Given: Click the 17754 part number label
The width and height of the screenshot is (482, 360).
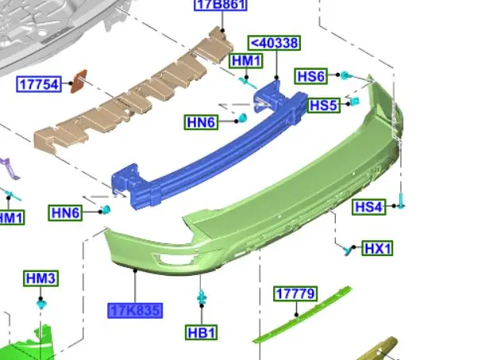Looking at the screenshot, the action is click(39, 84).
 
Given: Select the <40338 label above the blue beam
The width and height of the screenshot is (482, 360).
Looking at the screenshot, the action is click(274, 43).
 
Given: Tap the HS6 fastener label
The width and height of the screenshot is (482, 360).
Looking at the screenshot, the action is click(311, 76).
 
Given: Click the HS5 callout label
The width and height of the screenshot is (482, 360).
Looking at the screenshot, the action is click(324, 105).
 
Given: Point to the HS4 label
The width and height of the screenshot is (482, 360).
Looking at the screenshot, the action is click(368, 206).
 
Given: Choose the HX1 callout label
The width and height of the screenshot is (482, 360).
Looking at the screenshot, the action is click(377, 248).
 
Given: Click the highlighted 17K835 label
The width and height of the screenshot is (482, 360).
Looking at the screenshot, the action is click(135, 311).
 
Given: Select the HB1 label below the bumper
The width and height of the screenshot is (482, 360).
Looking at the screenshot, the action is click(202, 333).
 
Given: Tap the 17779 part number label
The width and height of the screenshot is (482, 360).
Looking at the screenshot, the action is click(295, 293).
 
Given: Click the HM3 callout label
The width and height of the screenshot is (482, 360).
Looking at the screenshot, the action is click(40, 278).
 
